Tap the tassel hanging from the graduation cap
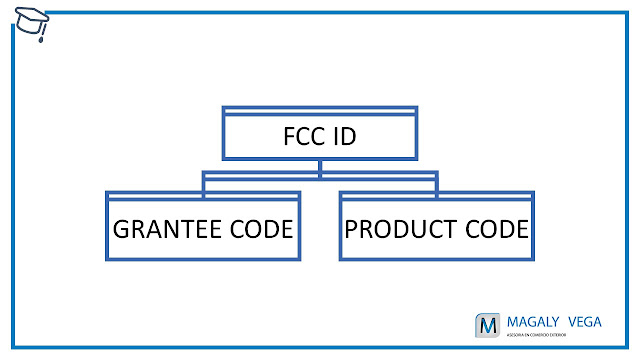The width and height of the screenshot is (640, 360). point(42,37)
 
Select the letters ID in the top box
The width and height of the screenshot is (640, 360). point(345,136)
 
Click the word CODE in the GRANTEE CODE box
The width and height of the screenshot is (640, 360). point(262,229)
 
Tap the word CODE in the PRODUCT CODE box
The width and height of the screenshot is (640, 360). point(496,229)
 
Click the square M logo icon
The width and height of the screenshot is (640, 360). point(487,326)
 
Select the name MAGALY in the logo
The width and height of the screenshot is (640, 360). point(532,321)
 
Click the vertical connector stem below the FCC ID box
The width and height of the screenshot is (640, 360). point(320,167)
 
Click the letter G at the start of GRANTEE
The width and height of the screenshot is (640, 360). point(123,229)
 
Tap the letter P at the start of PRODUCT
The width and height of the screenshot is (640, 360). point(353,229)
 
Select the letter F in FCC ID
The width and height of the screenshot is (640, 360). point(291,136)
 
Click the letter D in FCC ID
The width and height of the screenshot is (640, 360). point(349,136)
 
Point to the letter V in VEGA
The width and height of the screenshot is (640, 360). point(575,321)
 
